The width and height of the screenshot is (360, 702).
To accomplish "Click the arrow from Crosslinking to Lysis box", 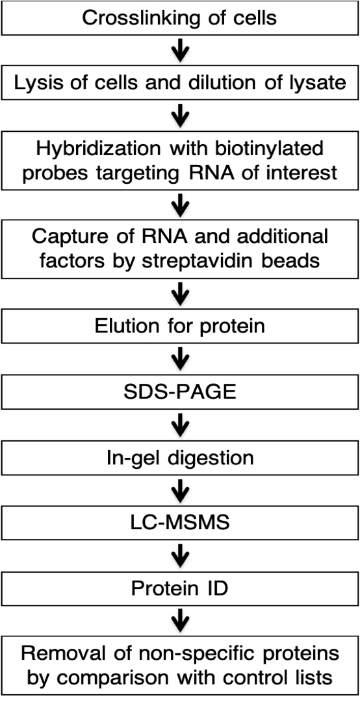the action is click(x=180, y=51).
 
